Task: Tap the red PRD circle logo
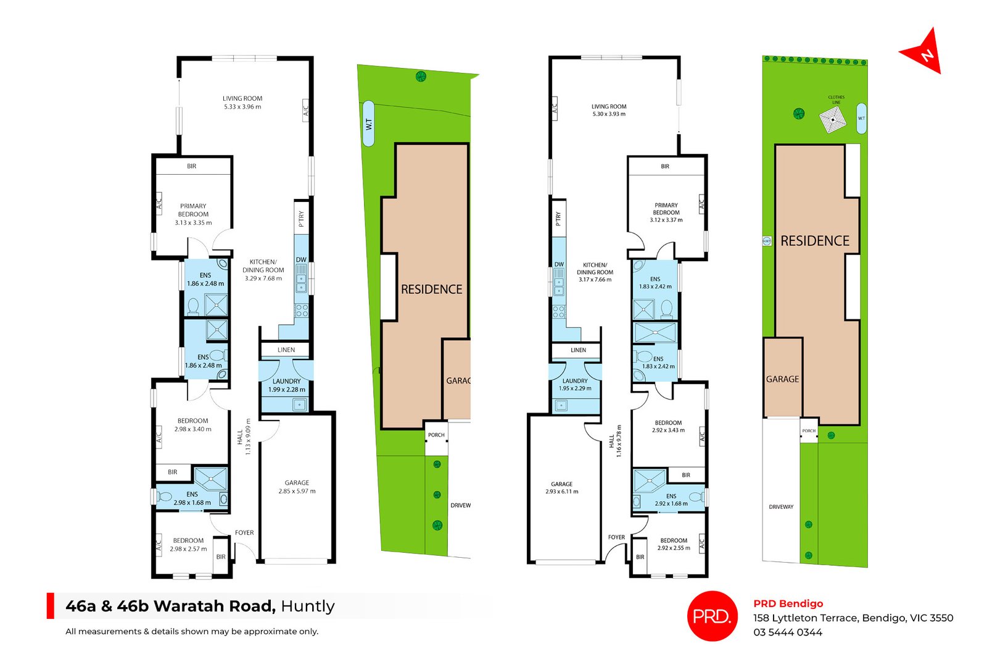(x=712, y=616)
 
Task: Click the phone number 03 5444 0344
(x=787, y=632)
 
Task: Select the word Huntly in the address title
(x=308, y=607)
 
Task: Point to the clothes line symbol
(x=832, y=119)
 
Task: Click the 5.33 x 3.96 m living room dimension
(x=242, y=107)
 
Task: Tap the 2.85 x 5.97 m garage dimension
(x=297, y=491)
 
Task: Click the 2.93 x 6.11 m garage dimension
(x=562, y=492)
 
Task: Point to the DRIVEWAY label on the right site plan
(x=781, y=507)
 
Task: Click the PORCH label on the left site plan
(x=436, y=435)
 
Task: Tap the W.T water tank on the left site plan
(x=368, y=124)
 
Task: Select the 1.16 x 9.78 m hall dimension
(x=619, y=440)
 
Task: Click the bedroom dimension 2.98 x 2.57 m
(x=188, y=548)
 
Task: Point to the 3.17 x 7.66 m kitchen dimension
(x=595, y=279)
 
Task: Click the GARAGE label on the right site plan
(x=782, y=379)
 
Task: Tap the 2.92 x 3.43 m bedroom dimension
(x=669, y=430)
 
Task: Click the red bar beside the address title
(x=51, y=606)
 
